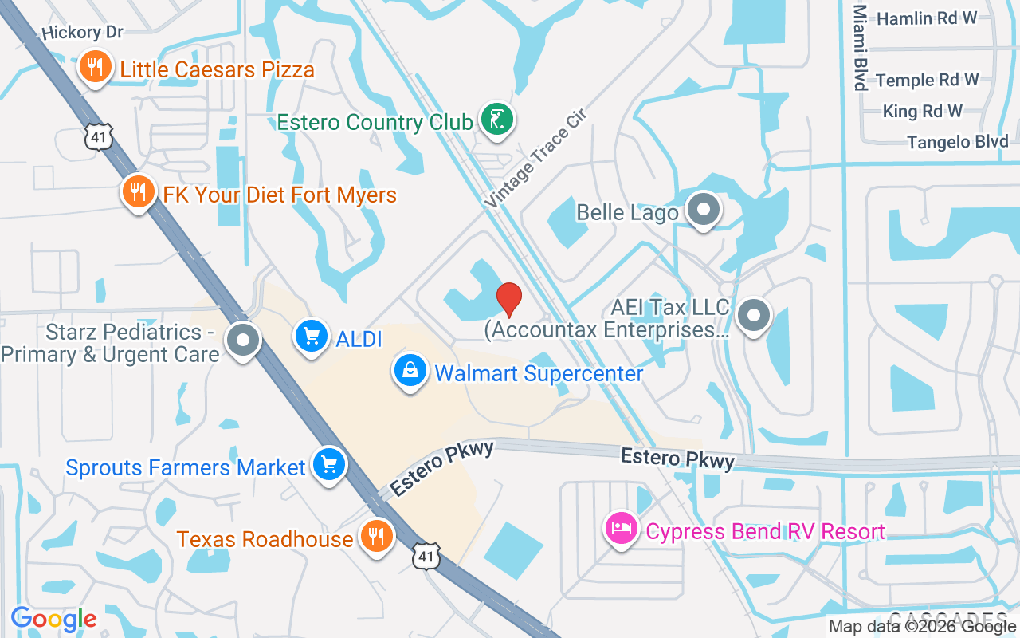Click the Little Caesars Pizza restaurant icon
(95, 67)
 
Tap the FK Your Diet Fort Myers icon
(139, 191)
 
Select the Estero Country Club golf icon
(497, 120)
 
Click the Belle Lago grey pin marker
(704, 210)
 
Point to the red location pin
(509, 299)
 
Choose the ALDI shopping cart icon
(312, 337)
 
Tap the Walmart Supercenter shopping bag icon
(410, 371)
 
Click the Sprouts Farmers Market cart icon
(328, 464)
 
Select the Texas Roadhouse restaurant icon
(375, 536)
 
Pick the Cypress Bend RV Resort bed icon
(622, 529)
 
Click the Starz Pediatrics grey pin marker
(243, 341)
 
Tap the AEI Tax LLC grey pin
(753, 315)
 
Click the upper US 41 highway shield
(98, 137)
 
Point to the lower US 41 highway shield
(426, 556)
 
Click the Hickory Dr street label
(83, 33)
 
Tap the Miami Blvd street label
(860, 48)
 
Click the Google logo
(54, 619)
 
